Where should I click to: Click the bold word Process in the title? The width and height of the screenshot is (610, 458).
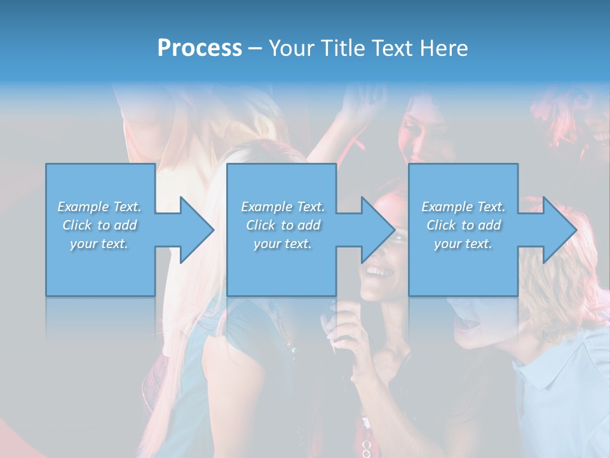[x=200, y=48]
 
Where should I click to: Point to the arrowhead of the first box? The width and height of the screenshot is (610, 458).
[x=197, y=230]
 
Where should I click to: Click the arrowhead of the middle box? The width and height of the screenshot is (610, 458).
[x=378, y=230]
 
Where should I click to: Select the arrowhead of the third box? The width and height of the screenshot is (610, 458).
[x=560, y=230]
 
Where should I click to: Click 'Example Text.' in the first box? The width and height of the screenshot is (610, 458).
[x=100, y=207]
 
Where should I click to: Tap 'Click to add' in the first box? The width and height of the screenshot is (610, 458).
[x=100, y=225]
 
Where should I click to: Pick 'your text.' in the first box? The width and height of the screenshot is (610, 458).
[x=100, y=244]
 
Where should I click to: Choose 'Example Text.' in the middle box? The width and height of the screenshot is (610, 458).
[x=283, y=207]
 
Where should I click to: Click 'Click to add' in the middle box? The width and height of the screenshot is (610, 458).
[x=283, y=225]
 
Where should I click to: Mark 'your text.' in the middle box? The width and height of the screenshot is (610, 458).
[x=283, y=244]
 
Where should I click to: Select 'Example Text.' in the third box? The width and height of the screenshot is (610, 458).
[x=463, y=207]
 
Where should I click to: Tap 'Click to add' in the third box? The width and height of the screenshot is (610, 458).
[x=463, y=225]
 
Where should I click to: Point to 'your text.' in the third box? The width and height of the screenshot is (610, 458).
[x=463, y=244]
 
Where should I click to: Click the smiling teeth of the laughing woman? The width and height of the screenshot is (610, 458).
[x=380, y=272]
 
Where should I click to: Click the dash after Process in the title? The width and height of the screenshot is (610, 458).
[x=255, y=49]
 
